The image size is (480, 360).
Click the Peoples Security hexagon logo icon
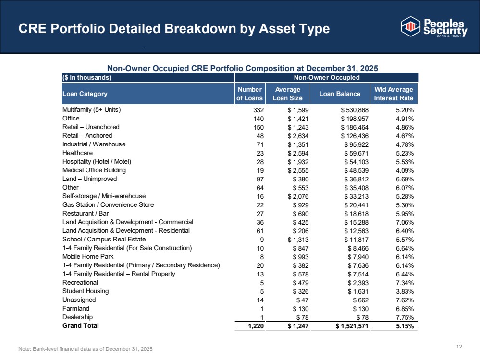[x=410, y=26]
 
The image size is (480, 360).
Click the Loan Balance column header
[x=340, y=94]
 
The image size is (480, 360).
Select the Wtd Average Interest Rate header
[x=394, y=94]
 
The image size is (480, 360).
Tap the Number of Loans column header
[x=250, y=94]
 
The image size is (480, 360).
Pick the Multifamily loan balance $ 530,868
[x=355, y=110]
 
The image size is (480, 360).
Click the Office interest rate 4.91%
[x=405, y=119]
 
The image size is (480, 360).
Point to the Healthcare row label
[x=77, y=153]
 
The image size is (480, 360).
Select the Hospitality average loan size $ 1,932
[x=298, y=162]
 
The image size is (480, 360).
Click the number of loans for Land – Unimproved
[x=260, y=179]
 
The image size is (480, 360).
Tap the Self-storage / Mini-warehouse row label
[x=104, y=196]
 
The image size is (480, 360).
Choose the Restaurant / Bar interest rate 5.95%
[x=405, y=214]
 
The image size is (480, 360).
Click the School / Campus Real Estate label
[x=104, y=240]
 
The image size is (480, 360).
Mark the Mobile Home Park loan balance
[x=358, y=257]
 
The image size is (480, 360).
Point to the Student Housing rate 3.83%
[x=405, y=291]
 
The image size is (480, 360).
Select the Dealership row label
[x=77, y=317]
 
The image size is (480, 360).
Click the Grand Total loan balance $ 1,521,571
[x=352, y=326]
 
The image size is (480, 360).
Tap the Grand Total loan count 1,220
[x=256, y=326]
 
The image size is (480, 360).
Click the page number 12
[x=459, y=347]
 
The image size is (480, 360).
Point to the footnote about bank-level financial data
[x=86, y=349]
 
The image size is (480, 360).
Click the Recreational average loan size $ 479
[x=301, y=283]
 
